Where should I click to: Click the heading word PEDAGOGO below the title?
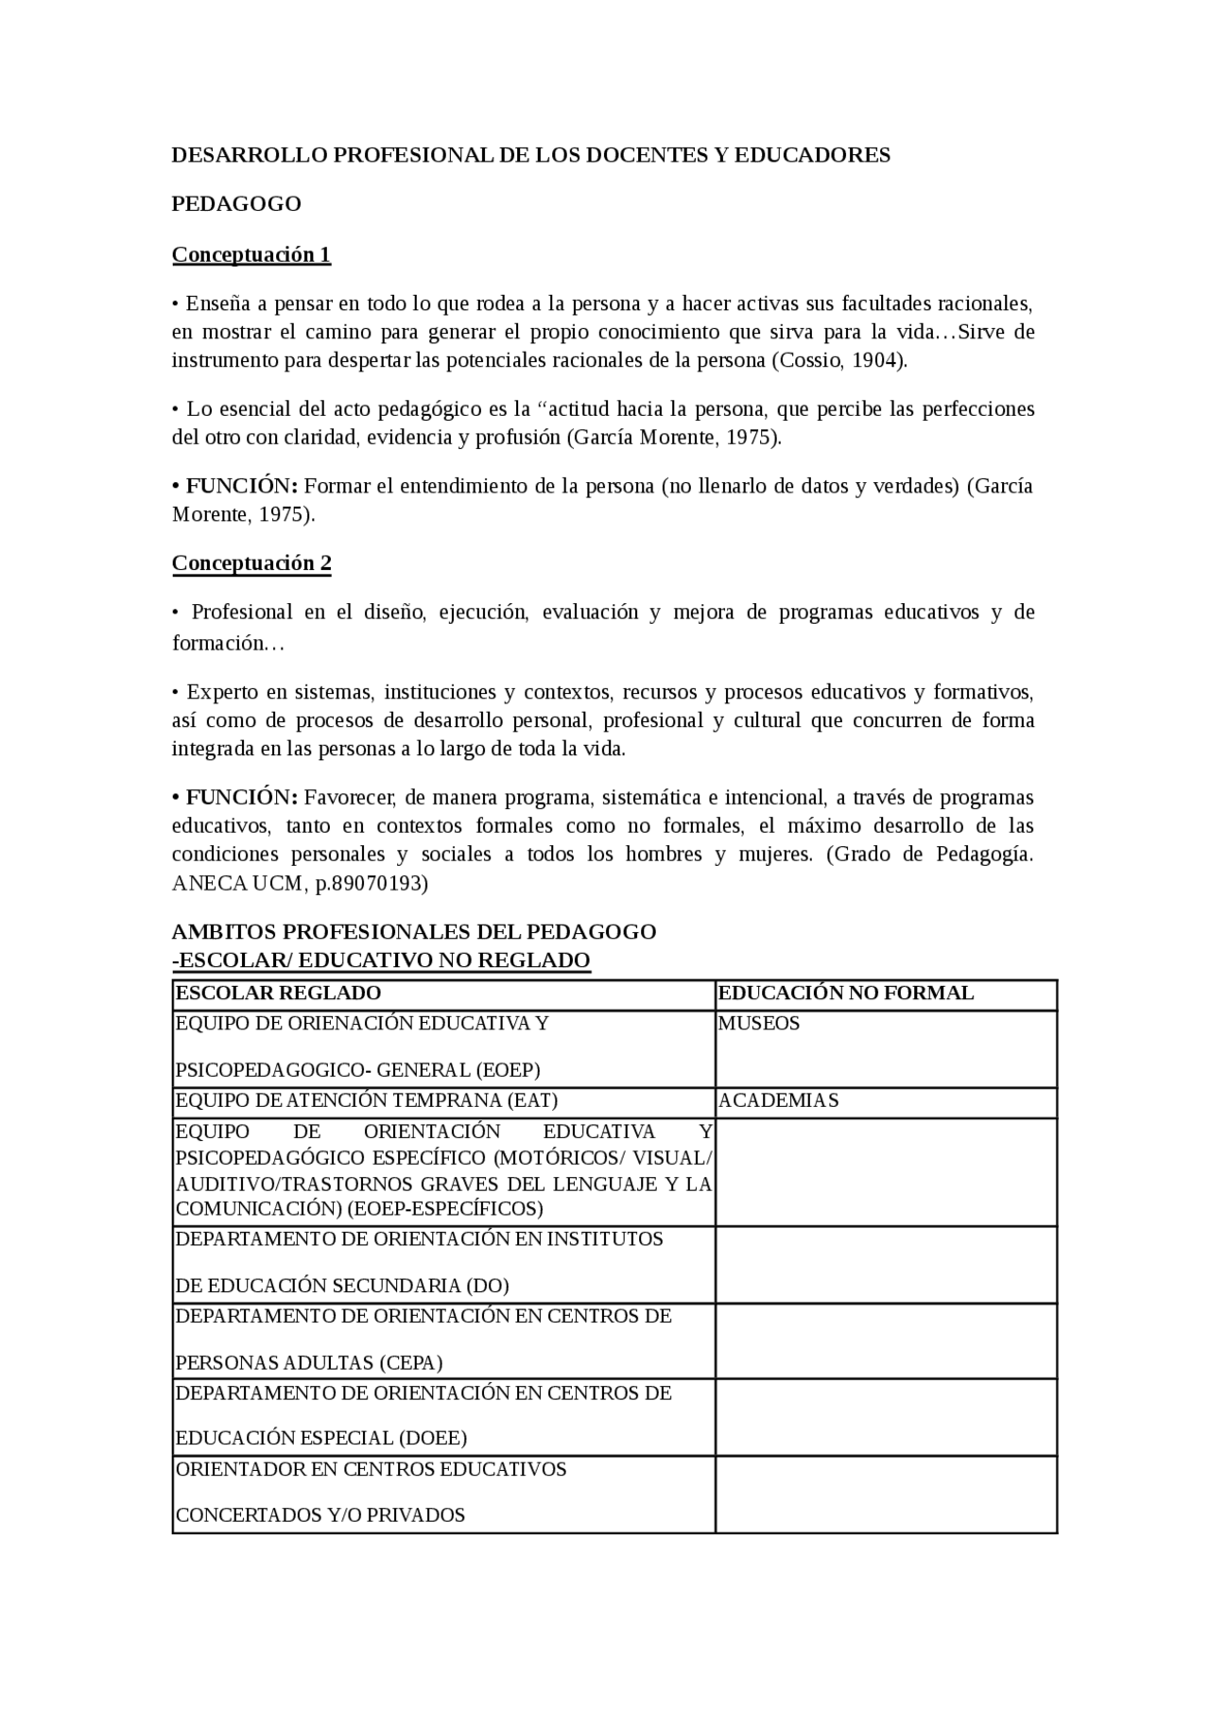click(236, 204)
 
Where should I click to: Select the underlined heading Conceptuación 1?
click(251, 254)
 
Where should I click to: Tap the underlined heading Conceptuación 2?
click(251, 563)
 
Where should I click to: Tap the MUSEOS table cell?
click(759, 1024)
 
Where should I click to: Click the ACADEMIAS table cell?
click(778, 1100)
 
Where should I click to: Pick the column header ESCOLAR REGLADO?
click(278, 994)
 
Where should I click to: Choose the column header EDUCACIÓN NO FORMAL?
click(846, 994)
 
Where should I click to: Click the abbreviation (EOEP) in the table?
click(508, 1070)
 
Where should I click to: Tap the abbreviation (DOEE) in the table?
click(432, 1439)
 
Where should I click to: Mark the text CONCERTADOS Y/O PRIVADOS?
click(320, 1515)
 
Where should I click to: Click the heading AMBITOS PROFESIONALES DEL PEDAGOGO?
click(414, 932)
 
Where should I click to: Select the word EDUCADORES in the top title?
click(812, 155)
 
